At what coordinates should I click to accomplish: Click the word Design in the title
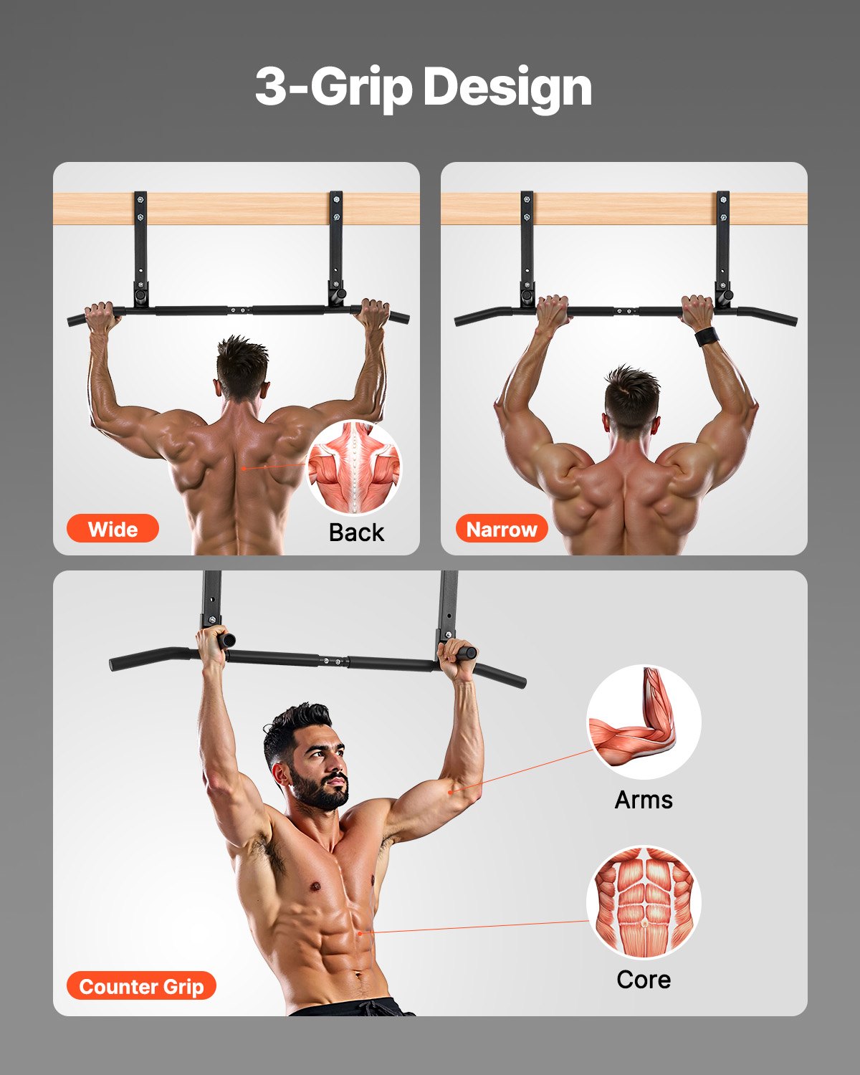pyautogui.click(x=507, y=87)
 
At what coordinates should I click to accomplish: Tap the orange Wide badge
pyautogui.click(x=113, y=529)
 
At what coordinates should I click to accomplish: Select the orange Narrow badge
pyautogui.click(x=502, y=529)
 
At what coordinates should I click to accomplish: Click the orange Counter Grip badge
pyautogui.click(x=141, y=986)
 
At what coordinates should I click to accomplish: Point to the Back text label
pyautogui.click(x=356, y=532)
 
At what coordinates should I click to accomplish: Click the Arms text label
pyautogui.click(x=644, y=799)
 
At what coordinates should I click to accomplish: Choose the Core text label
pyautogui.click(x=644, y=979)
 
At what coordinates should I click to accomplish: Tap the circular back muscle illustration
pyautogui.click(x=355, y=467)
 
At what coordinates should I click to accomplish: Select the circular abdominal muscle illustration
pyautogui.click(x=644, y=902)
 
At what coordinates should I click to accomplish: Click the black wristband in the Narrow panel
pyautogui.click(x=707, y=336)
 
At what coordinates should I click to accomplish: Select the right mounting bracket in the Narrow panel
pyautogui.click(x=722, y=247)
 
